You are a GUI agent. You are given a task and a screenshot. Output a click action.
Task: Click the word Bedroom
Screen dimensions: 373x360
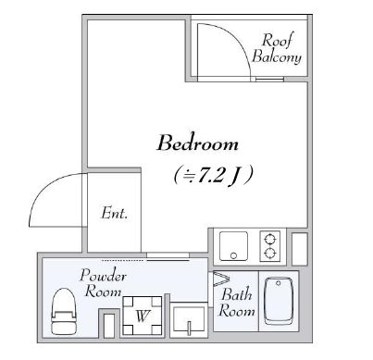[198, 143]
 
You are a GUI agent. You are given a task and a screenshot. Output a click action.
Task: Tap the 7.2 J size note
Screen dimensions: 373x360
[214, 176]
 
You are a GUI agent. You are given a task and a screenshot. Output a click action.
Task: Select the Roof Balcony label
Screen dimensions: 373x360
[277, 49]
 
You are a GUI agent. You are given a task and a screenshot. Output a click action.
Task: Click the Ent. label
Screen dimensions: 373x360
[114, 213]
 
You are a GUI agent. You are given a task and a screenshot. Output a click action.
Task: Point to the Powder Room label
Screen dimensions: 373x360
[103, 283]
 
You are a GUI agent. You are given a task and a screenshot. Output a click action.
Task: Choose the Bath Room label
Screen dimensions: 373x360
[236, 303]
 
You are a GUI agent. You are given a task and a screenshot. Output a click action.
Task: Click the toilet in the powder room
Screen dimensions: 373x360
[64, 311]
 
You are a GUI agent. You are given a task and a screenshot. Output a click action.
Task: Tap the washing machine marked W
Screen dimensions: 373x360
[143, 316]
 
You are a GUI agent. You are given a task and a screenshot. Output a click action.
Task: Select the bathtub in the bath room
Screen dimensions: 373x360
[279, 301]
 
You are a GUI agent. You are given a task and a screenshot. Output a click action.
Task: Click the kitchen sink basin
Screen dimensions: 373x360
[233, 246]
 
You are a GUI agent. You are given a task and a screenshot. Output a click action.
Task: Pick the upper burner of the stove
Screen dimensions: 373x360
[270, 239]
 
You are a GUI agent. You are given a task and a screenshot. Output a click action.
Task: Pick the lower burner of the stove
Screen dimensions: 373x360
[270, 253]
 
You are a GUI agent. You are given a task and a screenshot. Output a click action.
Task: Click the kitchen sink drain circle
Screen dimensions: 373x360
[233, 255]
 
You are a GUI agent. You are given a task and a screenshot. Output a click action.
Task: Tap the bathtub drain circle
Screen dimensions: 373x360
[279, 283]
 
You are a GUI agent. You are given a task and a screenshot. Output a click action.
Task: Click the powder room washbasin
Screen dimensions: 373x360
[189, 320]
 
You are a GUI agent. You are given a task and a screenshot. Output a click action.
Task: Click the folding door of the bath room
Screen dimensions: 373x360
[221, 279]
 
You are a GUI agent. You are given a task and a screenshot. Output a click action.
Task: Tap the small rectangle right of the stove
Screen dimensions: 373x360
[299, 249]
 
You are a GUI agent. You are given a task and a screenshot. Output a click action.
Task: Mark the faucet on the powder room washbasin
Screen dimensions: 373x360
[189, 329]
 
